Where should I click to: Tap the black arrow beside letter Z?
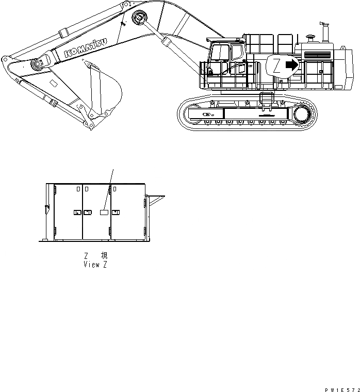(x=292, y=66)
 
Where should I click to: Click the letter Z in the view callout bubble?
(x=276, y=66)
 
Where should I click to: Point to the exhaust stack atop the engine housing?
(x=326, y=32)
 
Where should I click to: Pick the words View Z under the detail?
(x=95, y=264)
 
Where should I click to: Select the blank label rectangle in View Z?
(x=104, y=212)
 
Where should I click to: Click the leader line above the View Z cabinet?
(x=110, y=186)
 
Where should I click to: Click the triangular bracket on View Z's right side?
(x=155, y=198)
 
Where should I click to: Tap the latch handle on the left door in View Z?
(x=77, y=212)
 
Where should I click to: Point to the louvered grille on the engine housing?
(x=318, y=53)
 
